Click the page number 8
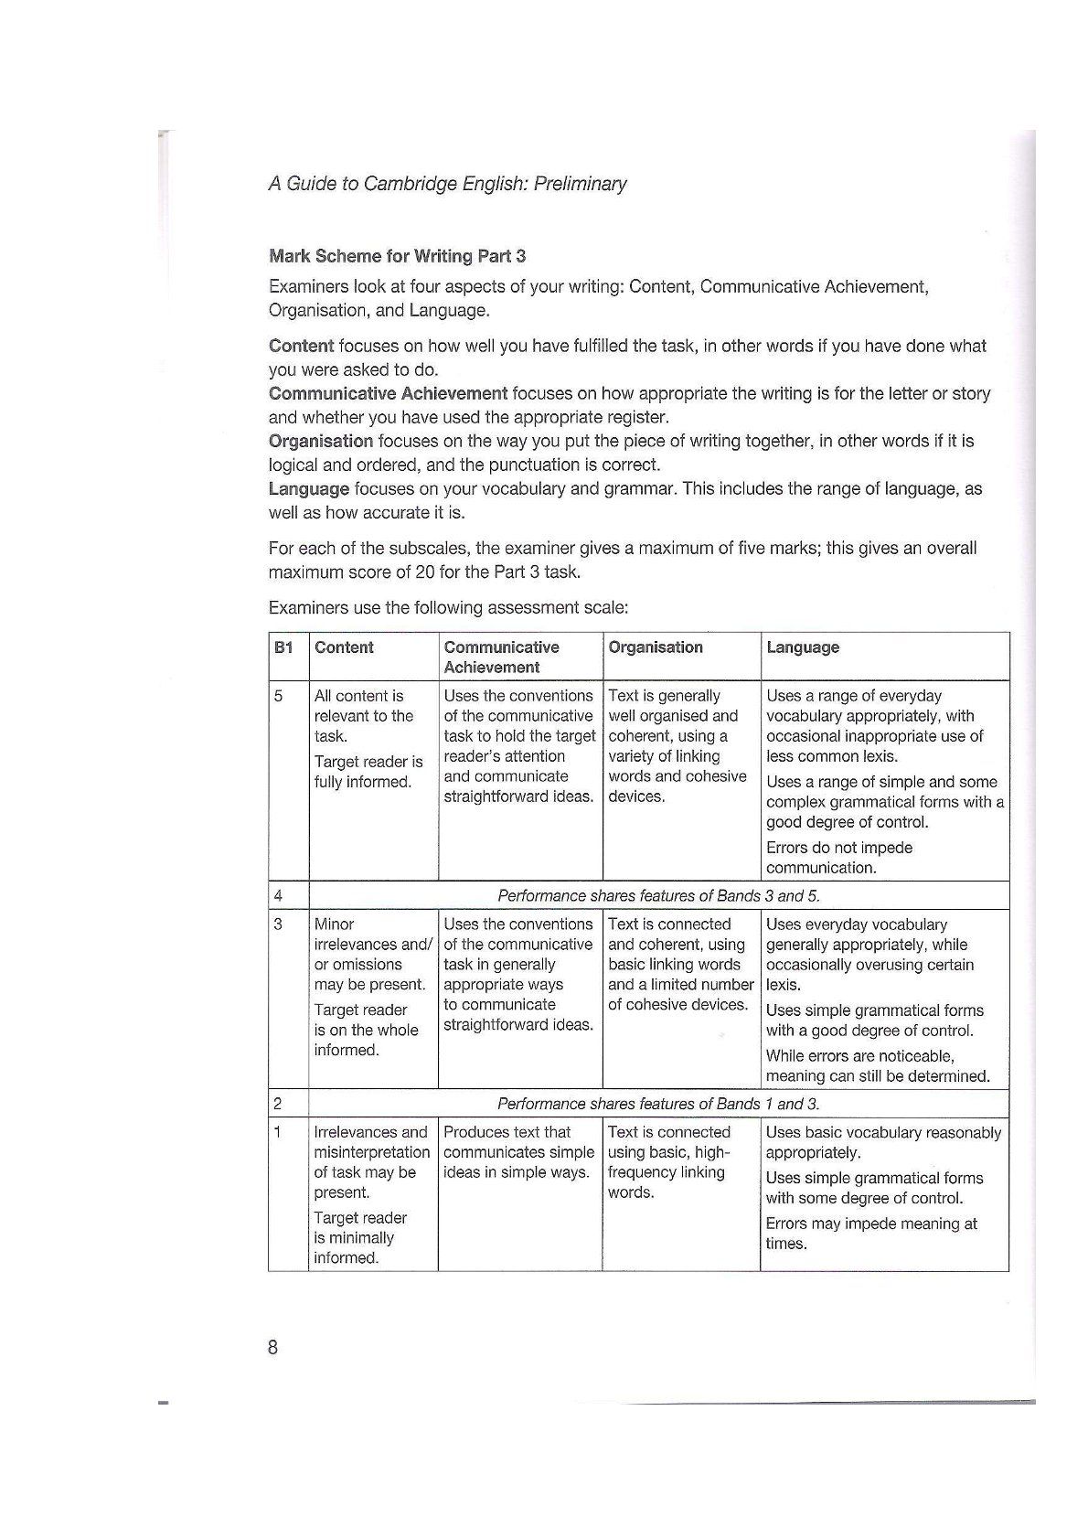[x=272, y=1347]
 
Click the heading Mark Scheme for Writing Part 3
[x=397, y=256]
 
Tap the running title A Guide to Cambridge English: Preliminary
[x=447, y=184]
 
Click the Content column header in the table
[x=344, y=647]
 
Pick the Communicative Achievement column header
[x=501, y=657]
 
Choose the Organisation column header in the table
[x=656, y=647]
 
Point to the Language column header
[x=803, y=647]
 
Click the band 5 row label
[x=279, y=696]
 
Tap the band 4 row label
[x=279, y=895]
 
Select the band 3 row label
[x=279, y=924]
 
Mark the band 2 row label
[x=279, y=1104]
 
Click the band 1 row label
[x=279, y=1132]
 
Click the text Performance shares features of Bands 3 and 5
[x=658, y=895]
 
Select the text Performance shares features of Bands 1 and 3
[x=658, y=1104]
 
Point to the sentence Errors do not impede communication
[x=839, y=858]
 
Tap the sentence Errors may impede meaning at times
[x=871, y=1234]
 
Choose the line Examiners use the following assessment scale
[x=448, y=607]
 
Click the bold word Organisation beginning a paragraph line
[x=321, y=441]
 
